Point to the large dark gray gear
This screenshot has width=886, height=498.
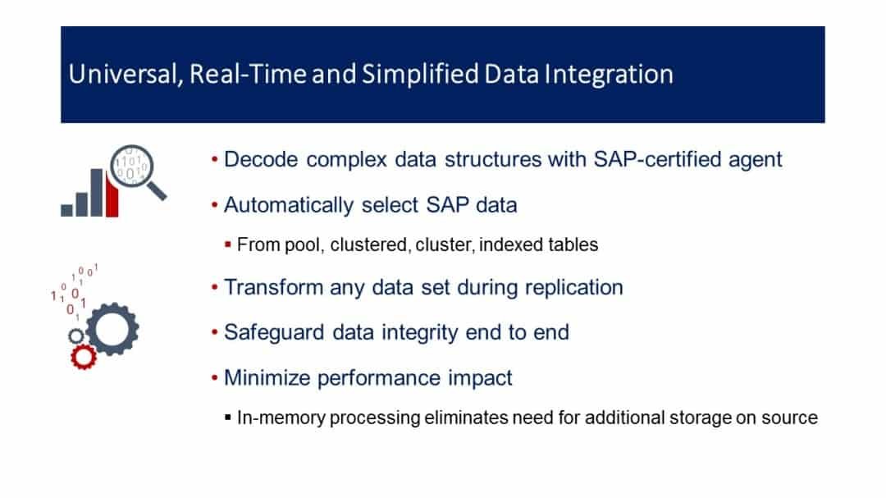tap(112, 329)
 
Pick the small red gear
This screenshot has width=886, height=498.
tap(84, 357)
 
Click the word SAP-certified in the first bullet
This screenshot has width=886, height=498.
tap(656, 159)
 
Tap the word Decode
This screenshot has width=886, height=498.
tap(261, 159)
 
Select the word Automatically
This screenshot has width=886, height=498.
tap(289, 205)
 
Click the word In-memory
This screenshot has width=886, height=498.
tap(281, 418)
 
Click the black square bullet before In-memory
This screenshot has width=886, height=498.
tap(228, 418)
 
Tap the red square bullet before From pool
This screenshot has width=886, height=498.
tap(228, 244)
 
